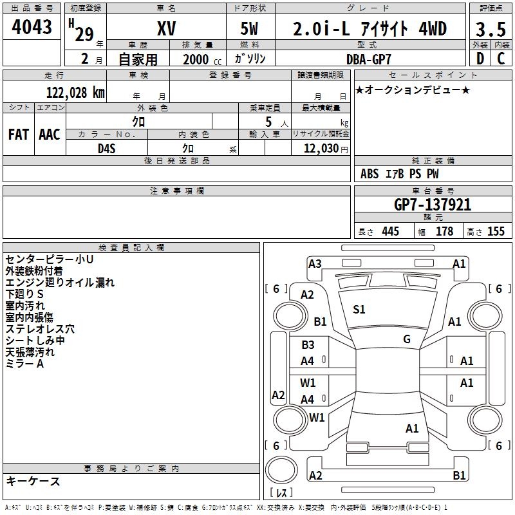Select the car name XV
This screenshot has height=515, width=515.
coord(166,29)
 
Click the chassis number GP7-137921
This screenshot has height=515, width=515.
coord(433,205)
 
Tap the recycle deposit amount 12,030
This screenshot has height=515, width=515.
coord(321,148)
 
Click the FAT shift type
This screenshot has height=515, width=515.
coord(18,135)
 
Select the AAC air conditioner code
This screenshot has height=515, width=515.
coord(50,135)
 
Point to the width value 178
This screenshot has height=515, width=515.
coord(444,232)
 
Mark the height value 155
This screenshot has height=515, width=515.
coord(496,232)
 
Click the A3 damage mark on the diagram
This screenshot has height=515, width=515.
coord(315,263)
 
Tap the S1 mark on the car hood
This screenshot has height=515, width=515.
coord(359,310)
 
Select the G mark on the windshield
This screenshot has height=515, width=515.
coord(407,339)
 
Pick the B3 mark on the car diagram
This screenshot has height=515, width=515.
coord(308,345)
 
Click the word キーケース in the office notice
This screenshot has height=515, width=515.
coord(33,481)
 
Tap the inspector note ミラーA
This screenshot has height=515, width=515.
coord(24,364)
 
